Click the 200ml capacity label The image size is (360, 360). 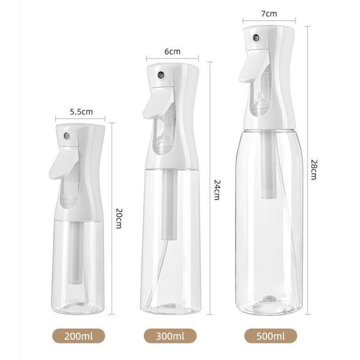pyautogui.click(x=79, y=336)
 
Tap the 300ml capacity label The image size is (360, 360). pyautogui.click(x=170, y=336)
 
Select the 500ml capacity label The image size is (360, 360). pyautogui.click(x=271, y=336)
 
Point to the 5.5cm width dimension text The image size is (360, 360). pyautogui.click(x=81, y=112)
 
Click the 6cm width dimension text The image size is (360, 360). pyautogui.click(x=172, y=51)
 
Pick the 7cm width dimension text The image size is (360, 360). pyautogui.click(x=269, y=14)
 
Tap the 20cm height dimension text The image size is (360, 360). pyautogui.click(x=119, y=218)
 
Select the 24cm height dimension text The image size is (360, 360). pyautogui.click(x=217, y=190)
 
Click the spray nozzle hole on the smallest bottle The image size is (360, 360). pyautogui.click(x=67, y=136)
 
